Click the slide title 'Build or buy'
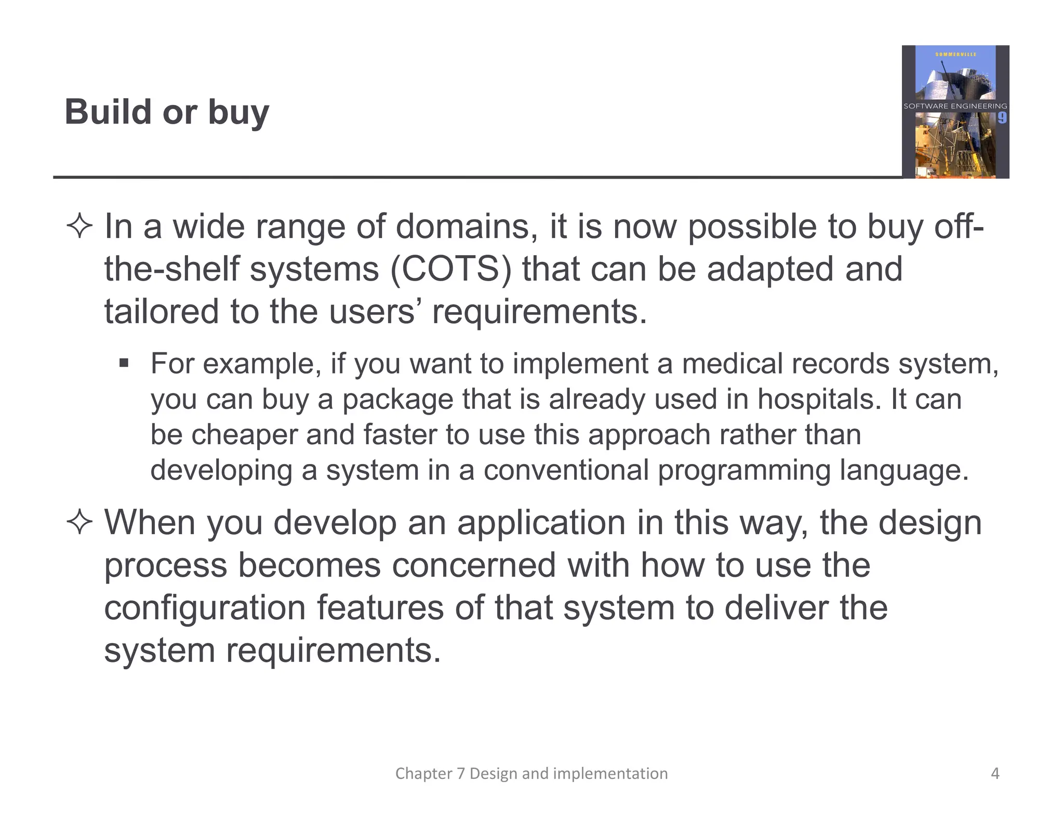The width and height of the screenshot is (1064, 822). click(x=167, y=112)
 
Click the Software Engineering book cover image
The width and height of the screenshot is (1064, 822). click(x=955, y=112)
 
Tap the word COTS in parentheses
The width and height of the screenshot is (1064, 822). click(x=450, y=269)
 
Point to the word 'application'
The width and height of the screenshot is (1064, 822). click(x=541, y=523)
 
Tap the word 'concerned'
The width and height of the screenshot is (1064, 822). click(x=474, y=565)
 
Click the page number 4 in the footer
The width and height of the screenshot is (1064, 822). click(x=995, y=774)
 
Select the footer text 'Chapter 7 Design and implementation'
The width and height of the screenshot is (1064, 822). click(x=531, y=774)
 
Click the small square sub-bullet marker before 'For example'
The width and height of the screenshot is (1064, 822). click(x=124, y=363)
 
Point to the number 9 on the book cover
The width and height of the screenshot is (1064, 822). click(x=1002, y=118)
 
